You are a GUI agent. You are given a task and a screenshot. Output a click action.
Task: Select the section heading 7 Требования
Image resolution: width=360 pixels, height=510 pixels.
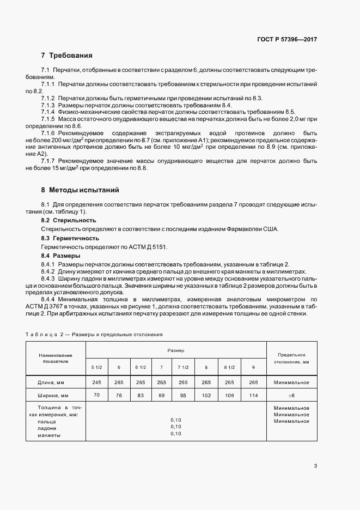coord(66,56)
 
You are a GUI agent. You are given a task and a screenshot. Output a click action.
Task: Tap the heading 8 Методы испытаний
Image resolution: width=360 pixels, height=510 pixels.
coord(80,190)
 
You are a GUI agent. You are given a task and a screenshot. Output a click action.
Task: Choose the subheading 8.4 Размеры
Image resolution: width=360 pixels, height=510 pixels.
coord(61,256)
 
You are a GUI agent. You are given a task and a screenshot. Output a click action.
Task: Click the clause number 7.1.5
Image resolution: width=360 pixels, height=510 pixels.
coord(48,119)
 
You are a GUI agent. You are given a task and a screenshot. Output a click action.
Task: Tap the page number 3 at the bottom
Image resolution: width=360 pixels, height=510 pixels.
coord(316,466)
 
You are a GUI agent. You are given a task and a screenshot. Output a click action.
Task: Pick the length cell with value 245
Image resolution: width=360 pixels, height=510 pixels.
coord(97,382)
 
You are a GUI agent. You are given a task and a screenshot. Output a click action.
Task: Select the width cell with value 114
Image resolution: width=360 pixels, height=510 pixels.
coord(253,395)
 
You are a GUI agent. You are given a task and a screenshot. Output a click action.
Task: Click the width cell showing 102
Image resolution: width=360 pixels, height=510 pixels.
coord(206,395)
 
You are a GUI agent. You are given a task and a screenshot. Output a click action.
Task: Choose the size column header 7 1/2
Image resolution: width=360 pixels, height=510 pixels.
coord(183,367)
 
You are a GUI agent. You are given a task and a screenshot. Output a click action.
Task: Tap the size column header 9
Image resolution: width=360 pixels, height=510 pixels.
coord(253,367)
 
